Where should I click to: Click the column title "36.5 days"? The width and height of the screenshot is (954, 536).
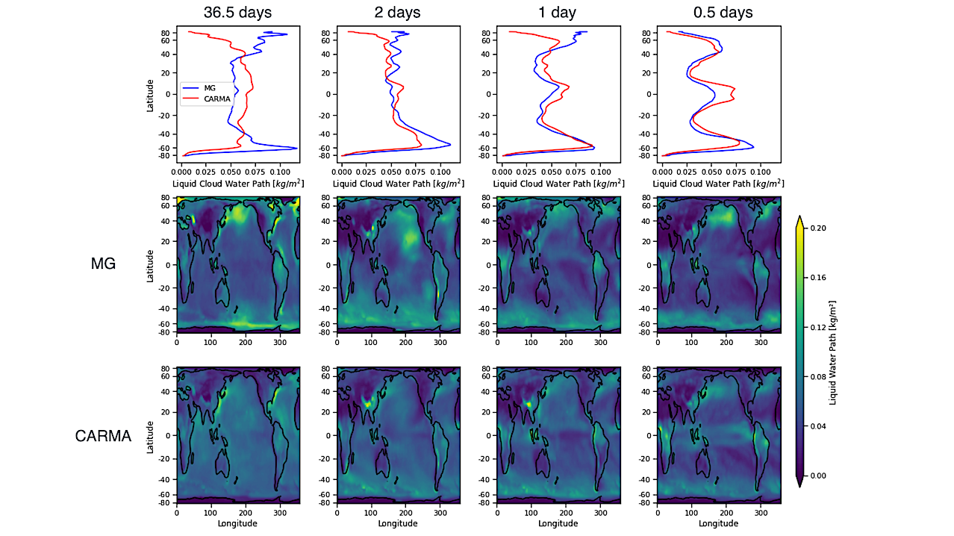237,13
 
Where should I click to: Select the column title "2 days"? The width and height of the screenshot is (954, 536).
397,13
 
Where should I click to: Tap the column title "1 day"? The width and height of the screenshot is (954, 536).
558,13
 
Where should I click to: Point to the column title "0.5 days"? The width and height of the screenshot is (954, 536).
718,13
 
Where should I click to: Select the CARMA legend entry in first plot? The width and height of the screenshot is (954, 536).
217,98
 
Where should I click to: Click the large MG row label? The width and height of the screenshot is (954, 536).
103,263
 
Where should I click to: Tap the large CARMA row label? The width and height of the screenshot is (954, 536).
103,436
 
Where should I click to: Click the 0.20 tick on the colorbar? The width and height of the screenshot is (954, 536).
817,228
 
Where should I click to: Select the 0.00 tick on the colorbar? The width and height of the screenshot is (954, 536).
817,476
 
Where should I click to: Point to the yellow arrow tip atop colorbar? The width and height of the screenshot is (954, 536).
799,219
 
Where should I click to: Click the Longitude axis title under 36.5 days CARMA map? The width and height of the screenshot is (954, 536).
237,523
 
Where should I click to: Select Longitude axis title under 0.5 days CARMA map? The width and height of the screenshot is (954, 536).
718,523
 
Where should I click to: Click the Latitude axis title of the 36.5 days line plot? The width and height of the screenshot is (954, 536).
150,95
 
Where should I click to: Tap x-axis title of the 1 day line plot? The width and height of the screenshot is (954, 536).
558,183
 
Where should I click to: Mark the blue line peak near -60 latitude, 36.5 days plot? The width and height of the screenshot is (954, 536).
296,148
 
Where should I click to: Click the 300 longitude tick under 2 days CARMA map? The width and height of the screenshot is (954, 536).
440,513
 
